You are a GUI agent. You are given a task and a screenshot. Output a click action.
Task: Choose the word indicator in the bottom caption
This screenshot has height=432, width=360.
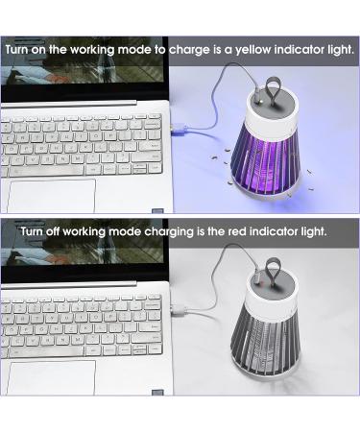[x=283, y=231]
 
